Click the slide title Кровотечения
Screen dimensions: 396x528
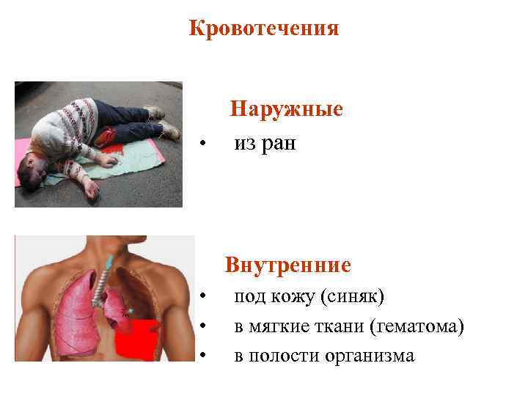pyautogui.click(x=264, y=29)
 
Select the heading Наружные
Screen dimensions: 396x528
pyautogui.click(x=286, y=109)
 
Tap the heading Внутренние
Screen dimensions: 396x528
pyautogui.click(x=288, y=264)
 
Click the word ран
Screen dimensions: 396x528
pyautogui.click(x=279, y=144)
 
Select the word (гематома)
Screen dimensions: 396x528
pyautogui.click(x=418, y=326)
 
